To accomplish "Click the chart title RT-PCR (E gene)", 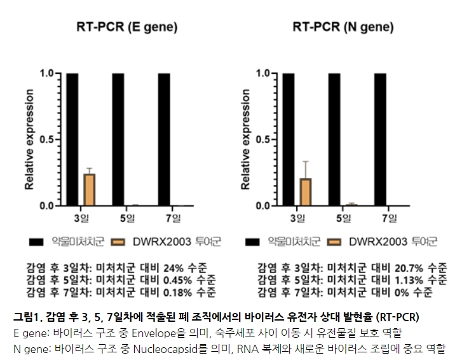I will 126,27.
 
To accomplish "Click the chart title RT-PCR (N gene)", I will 343,27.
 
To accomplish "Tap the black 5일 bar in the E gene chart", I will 118,139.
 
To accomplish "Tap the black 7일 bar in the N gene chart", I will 380,139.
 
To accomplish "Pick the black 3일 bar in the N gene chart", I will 290,139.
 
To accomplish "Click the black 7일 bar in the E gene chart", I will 164,139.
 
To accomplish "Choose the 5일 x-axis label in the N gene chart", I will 343,219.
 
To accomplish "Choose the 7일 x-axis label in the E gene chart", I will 173,219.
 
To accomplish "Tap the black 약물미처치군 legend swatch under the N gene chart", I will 254,242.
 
